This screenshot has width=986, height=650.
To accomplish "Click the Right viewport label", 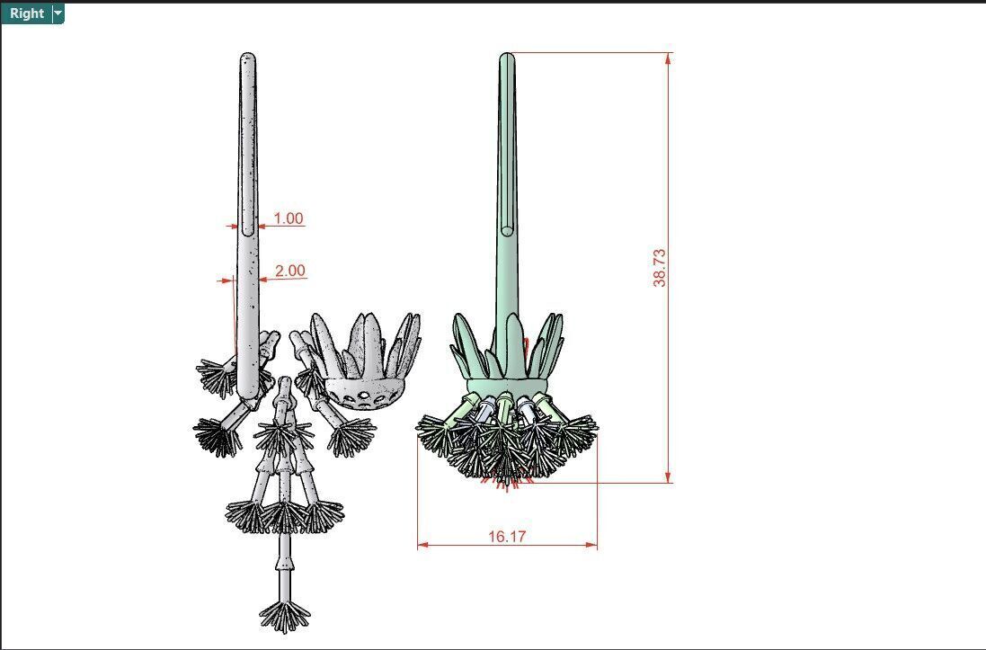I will point(27,13).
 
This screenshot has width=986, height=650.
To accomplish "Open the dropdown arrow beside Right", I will point(58,13).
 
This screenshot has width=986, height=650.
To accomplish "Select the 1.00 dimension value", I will point(289,218).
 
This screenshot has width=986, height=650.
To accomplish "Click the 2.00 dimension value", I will point(290,271).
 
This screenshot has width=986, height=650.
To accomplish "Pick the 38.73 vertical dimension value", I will point(661,268).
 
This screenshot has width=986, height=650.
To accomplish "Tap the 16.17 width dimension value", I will point(507,537).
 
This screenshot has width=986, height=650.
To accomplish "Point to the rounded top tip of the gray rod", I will point(247,58).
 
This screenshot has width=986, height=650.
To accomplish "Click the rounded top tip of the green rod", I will point(507,57).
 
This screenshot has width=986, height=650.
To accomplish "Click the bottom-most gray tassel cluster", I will point(285,616).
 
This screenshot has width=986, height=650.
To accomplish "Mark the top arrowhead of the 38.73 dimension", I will point(668,58).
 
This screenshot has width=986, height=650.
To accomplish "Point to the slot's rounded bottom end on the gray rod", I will point(248,231).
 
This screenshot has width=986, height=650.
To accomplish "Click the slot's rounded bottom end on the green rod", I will point(507,231).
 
